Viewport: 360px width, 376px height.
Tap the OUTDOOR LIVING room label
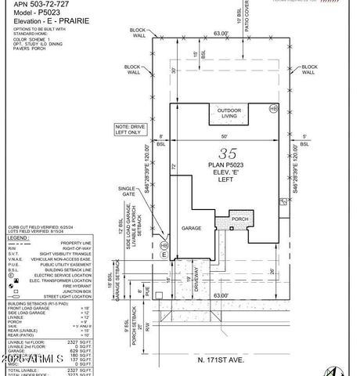click(229, 113)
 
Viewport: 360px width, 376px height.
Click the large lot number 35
click(228, 153)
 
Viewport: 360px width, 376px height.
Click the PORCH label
click(239, 219)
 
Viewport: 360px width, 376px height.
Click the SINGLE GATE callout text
click(128, 192)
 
